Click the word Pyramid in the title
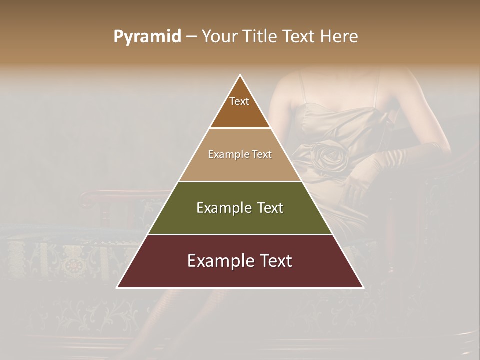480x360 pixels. click(x=147, y=37)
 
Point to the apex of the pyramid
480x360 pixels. click(x=240, y=75)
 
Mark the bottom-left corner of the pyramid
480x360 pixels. click(x=117, y=287)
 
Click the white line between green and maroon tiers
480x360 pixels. click(x=240, y=234)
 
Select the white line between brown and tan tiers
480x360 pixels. click(x=240, y=128)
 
